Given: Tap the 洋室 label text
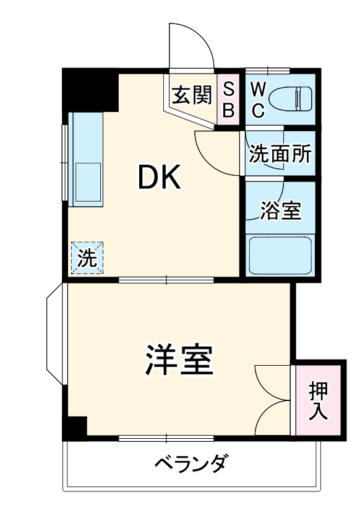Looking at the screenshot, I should pyautogui.click(x=180, y=360).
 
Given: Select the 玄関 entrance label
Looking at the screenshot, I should pyautogui.click(x=191, y=95).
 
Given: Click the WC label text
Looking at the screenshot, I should pyautogui.click(x=259, y=99).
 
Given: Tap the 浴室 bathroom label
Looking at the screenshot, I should pyautogui.click(x=280, y=211).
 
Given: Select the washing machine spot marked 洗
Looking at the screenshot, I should pyautogui.click(x=87, y=257).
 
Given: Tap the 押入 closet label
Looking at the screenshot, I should pyautogui.click(x=319, y=401).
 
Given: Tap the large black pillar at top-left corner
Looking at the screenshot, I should pyautogui.click(x=90, y=90).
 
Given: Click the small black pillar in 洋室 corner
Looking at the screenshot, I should pyautogui.click(x=75, y=428).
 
